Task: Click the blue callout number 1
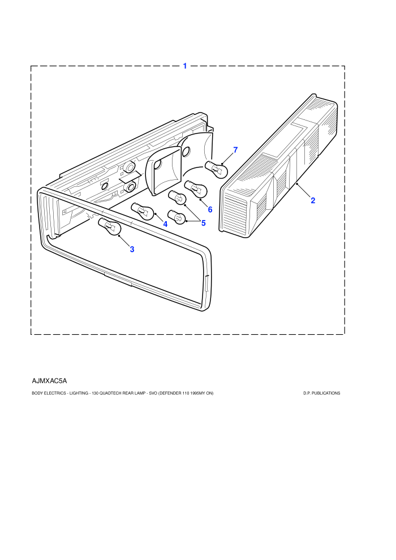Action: pos(185,66)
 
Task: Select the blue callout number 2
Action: pos(313,200)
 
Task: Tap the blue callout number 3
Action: pos(132,249)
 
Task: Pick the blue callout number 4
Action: pos(165,225)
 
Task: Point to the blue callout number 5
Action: pos(204,223)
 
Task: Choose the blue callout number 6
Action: pos(210,210)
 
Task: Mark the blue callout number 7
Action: pos(235,150)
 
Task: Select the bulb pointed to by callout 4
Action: pos(143,211)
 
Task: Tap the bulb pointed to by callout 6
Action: pos(196,189)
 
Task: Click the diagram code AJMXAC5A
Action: pos(49,381)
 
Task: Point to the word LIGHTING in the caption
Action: pos(79,393)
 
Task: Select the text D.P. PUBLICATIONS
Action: pos(322,393)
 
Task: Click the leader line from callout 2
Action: pos(304,191)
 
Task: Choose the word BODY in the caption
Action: pos(37,393)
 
